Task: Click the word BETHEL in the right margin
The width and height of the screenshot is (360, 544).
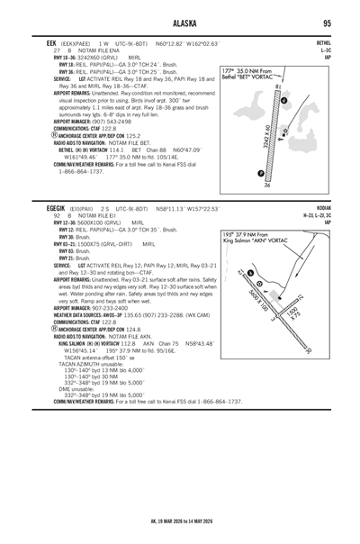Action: pyautogui.click(x=325, y=41)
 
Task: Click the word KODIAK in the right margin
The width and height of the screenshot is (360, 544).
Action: pyautogui.click(x=325, y=209)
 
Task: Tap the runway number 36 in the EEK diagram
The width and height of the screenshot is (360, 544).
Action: pyautogui.click(x=267, y=185)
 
